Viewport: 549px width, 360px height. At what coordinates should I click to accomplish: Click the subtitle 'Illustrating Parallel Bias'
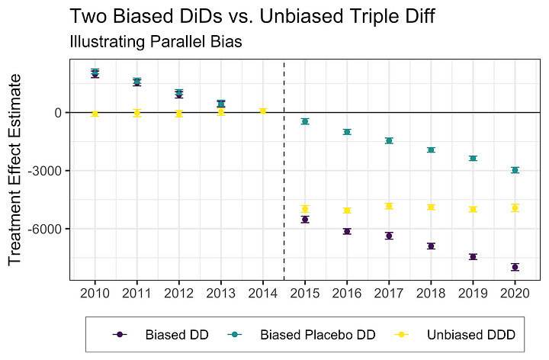pos(156,43)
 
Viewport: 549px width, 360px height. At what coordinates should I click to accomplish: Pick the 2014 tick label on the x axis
pos(263,293)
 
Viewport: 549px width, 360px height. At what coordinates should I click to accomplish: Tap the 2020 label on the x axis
pos(515,293)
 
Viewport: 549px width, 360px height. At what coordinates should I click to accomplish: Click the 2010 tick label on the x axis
pos(95,293)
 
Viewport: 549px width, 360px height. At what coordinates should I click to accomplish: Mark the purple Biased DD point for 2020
pos(515,267)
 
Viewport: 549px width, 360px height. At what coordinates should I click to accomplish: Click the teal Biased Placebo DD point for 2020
pos(515,170)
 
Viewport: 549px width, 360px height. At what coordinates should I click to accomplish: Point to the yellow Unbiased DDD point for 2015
pos(305,209)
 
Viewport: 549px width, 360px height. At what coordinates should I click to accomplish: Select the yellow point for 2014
pos(263,111)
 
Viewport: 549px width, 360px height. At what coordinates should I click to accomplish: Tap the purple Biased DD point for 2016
pos(347,231)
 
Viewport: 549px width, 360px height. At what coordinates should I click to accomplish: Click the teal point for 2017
pos(389,140)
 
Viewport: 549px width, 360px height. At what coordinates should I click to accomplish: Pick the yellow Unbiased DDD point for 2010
pos(95,114)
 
